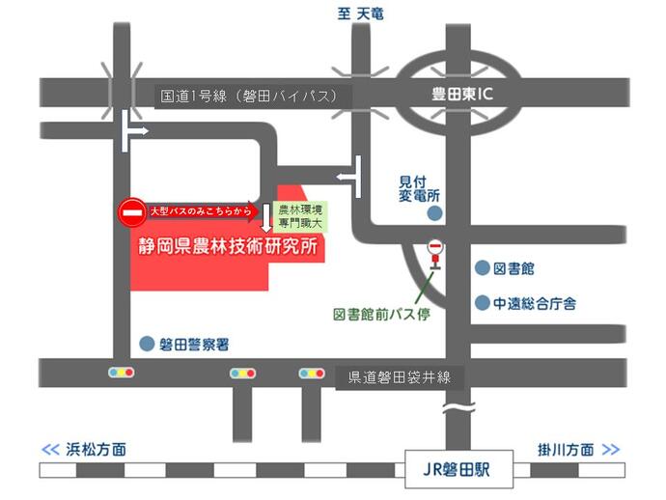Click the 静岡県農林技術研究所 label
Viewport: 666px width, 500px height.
tap(228, 245)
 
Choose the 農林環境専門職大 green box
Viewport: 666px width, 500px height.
tap(300, 215)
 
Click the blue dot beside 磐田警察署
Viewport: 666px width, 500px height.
tap(147, 343)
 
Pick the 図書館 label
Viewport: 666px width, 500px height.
tap(513, 267)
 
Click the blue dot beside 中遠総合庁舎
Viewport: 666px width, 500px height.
tap(482, 303)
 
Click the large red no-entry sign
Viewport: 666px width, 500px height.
tap(132, 211)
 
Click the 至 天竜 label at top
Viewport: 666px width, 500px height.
tap(361, 11)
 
